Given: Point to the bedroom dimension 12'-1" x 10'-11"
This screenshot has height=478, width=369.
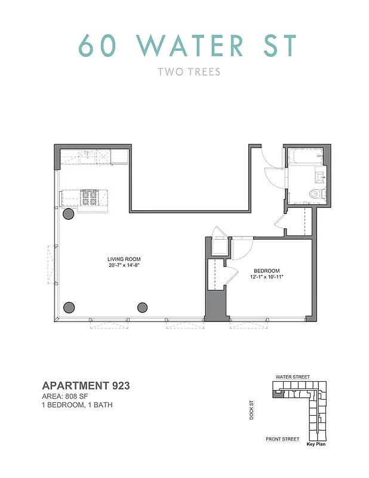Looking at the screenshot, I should tap(266, 276).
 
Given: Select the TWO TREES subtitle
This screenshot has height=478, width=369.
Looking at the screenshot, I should tap(189, 72).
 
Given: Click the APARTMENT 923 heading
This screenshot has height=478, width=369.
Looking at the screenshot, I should tap(86, 386).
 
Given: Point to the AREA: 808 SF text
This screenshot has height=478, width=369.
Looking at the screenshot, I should tap(69, 396).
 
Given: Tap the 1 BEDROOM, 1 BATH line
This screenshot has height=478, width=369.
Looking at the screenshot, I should tap(78, 405).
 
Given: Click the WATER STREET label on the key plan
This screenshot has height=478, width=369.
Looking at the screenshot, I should tap(293, 377).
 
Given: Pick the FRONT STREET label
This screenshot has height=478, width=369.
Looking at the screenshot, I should tap(282, 439).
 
